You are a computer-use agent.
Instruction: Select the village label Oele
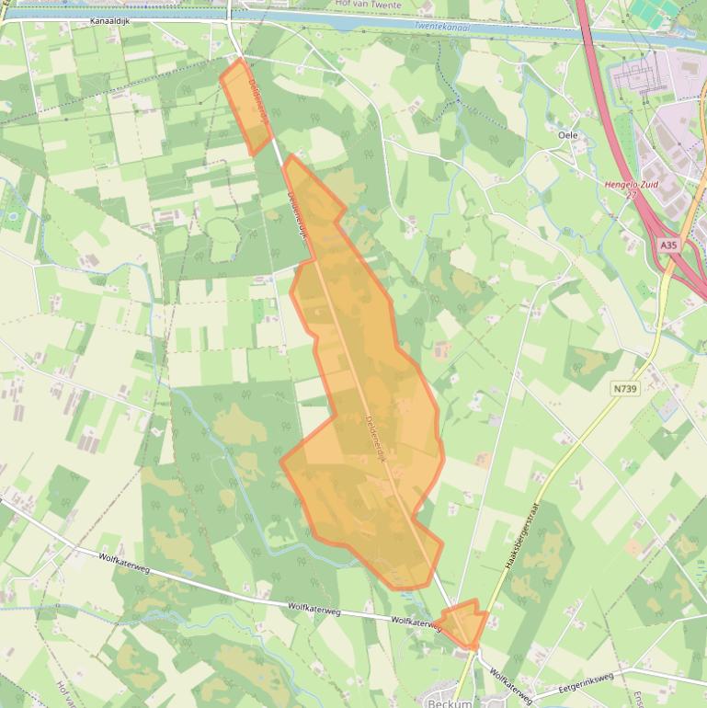568,134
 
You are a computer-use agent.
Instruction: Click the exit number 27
631,195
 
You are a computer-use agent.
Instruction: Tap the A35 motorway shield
668,246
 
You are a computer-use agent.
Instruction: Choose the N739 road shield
625,389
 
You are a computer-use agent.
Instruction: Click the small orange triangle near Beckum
463,624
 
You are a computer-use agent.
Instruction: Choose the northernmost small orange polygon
246,106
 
